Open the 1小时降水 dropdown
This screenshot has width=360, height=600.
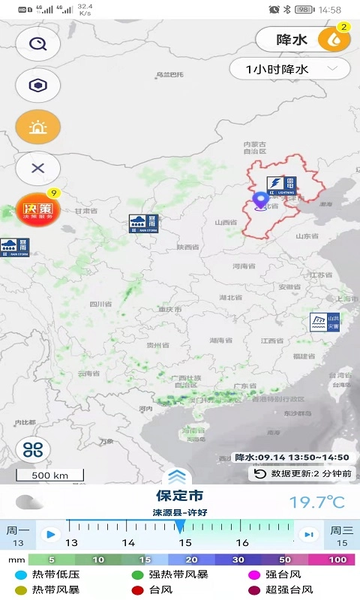pos(289,70)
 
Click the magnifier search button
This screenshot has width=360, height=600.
pos(37,43)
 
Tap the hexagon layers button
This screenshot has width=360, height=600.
pos(37,85)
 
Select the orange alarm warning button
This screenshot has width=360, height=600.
pos(37,127)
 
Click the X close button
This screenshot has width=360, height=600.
pos(37,169)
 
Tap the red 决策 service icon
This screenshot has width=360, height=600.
pos(37,210)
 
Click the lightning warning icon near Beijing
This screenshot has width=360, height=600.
pos(281,186)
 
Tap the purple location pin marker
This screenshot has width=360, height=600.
pos(261,200)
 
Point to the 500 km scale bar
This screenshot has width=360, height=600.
pos(50,475)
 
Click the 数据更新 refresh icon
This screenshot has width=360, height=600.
pos(260,474)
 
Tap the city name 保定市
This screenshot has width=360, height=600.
pos(179,496)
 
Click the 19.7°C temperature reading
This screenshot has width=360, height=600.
pos(317,502)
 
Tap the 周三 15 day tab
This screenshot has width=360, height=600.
pos(342,535)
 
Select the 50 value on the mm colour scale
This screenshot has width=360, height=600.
pos(286,559)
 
